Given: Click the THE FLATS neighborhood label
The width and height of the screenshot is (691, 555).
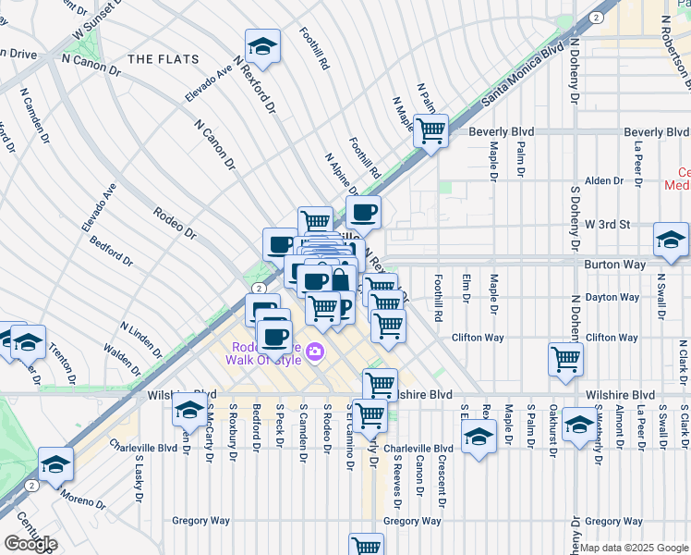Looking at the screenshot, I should click(164, 59).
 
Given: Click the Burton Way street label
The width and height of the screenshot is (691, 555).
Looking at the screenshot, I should click(613, 264).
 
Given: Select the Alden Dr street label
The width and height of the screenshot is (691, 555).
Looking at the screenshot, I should click(606, 180).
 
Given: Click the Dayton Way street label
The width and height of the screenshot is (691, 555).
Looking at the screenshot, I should click(613, 297).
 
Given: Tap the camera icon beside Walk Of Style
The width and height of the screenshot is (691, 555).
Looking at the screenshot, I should click(315, 351).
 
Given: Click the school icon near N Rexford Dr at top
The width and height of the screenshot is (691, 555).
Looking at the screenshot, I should click(262, 46).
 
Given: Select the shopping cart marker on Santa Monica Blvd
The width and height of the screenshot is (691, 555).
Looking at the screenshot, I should click(430, 130).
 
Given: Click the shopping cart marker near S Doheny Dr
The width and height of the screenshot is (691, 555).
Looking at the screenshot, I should click(565, 359).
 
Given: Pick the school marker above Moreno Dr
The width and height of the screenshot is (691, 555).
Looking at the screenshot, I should click(55, 464).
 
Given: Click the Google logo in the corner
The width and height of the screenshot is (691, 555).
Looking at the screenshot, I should click(30, 544).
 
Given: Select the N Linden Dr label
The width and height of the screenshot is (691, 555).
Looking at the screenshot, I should click(140, 339).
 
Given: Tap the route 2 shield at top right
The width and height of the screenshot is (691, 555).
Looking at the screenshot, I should click(598, 17).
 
